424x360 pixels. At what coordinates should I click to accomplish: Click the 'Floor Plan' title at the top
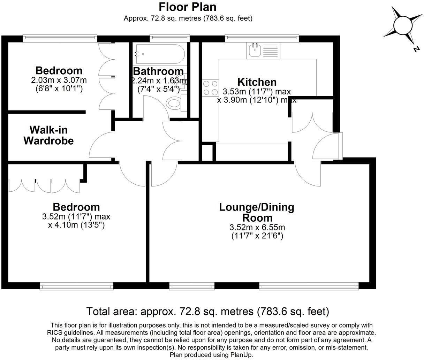click(188, 7)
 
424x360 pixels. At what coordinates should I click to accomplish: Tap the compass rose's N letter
click(416, 49)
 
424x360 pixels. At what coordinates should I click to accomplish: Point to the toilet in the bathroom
click(175, 103)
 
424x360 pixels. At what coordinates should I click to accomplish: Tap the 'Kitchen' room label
click(257, 82)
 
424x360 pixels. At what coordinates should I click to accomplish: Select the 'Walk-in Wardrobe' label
click(48, 135)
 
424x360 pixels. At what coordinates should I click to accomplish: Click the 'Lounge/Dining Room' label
click(257, 212)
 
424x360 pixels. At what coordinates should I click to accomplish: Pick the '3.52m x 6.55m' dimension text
click(257, 228)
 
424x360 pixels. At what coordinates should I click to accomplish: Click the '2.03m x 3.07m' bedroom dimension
click(59, 80)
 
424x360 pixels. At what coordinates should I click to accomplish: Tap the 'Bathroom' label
click(158, 71)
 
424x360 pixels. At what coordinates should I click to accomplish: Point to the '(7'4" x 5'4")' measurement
click(159, 89)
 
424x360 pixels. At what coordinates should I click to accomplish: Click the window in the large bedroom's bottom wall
click(76, 286)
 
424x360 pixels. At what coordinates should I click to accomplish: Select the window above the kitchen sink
click(262, 36)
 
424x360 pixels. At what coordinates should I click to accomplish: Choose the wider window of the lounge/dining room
click(309, 286)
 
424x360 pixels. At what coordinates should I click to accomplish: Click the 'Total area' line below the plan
click(207, 311)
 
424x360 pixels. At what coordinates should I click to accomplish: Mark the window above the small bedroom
click(60, 36)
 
